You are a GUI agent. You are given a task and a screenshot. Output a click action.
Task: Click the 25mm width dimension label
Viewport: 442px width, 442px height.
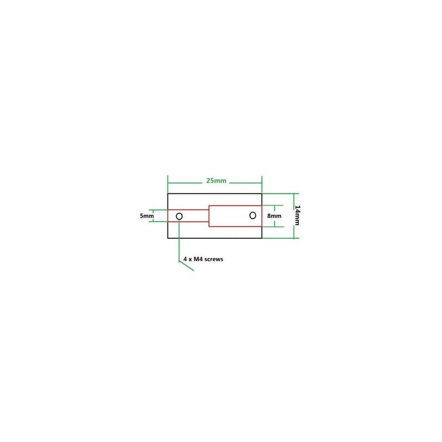[216, 181]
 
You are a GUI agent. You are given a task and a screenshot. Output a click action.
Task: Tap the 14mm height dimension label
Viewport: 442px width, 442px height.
[297, 215]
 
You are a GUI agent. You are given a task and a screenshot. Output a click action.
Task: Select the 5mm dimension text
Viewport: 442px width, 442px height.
[147, 216]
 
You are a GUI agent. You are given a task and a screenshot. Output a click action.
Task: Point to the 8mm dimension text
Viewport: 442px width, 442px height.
[274, 216]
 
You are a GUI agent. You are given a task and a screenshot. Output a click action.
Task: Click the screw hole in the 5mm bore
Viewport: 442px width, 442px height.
[179, 216]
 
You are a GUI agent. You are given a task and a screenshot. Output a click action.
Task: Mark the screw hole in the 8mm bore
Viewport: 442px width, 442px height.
[253, 215]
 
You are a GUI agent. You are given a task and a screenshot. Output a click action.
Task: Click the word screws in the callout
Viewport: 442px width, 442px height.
[214, 259]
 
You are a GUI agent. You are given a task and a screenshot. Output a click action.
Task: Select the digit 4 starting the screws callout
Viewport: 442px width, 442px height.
[185, 259]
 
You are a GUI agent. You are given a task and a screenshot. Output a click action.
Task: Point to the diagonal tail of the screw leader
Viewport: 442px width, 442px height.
[186, 266]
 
